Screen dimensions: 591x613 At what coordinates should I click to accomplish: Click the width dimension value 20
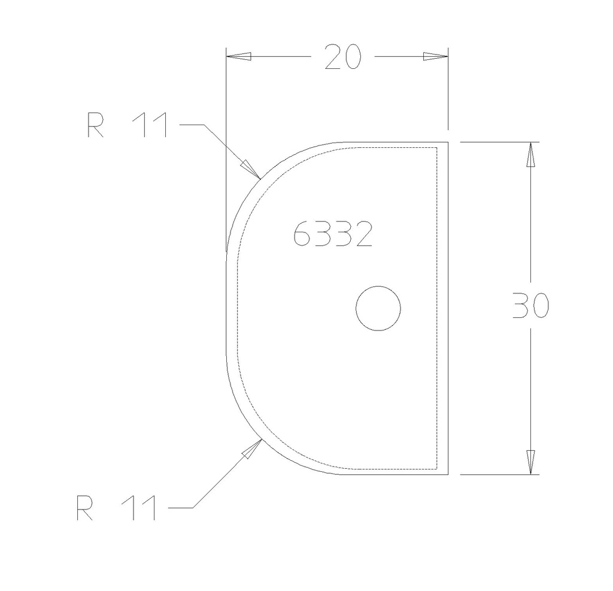click(x=344, y=57)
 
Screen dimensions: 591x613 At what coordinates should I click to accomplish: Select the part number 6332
click(x=333, y=234)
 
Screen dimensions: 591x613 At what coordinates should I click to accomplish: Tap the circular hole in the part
click(x=378, y=308)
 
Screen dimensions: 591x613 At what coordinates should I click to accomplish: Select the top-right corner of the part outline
click(x=448, y=143)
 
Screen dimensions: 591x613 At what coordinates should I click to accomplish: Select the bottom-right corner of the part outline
click(x=448, y=474)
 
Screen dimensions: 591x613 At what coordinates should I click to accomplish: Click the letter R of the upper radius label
click(x=95, y=125)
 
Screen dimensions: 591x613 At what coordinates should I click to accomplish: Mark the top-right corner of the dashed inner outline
click(x=438, y=147)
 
